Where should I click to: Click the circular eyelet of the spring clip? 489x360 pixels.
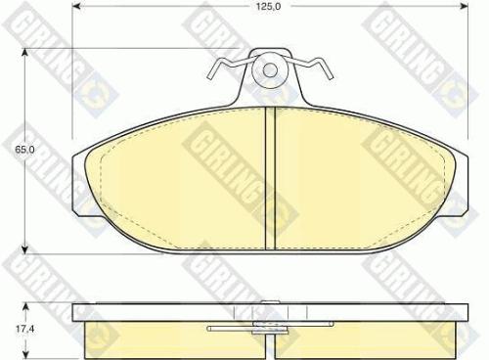tap(269, 70)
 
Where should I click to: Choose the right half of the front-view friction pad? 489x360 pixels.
tap(362, 191)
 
